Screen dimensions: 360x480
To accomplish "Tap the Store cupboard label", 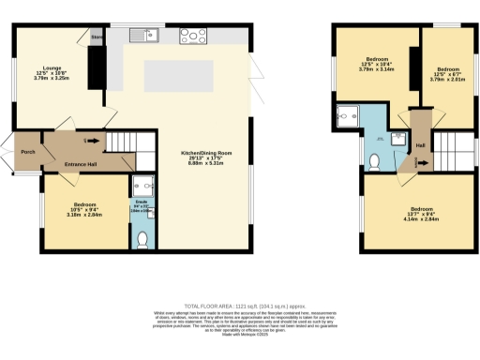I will (96, 37).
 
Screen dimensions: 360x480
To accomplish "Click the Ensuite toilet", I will (142, 240).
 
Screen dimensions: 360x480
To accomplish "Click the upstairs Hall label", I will (421, 145).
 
